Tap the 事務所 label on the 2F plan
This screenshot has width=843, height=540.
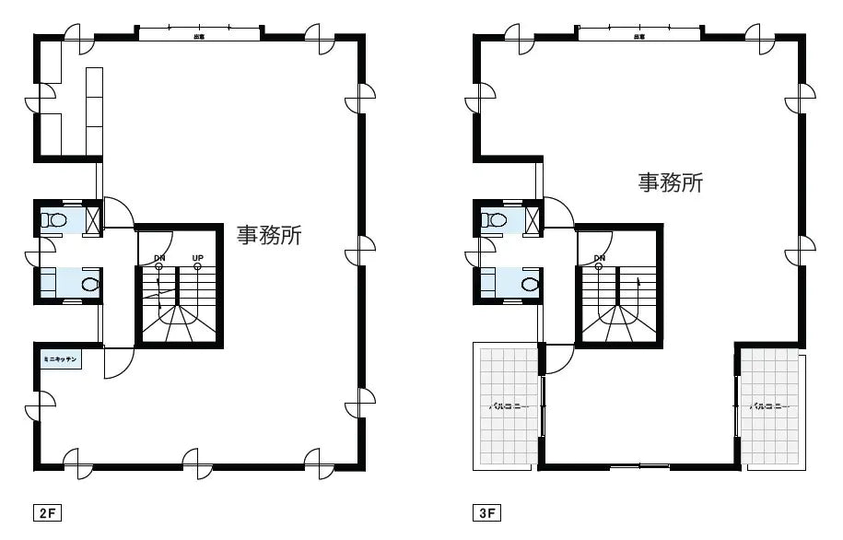point(269,235)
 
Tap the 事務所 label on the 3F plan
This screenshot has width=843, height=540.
point(671,182)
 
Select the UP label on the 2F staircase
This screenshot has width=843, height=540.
point(197,257)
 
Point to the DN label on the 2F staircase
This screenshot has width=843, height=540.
point(159,257)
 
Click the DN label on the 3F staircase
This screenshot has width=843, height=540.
point(600,257)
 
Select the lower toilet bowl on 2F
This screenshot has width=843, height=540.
point(88,284)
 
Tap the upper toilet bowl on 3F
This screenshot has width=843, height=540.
point(497,220)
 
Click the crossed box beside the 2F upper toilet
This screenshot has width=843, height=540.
point(92,219)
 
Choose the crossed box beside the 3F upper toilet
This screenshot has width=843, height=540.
point(533,219)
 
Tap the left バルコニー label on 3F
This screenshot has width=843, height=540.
point(507,405)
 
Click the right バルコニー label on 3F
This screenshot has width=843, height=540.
point(768,405)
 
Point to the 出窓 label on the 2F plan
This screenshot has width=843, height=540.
point(199,37)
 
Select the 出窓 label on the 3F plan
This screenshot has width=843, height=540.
point(638,37)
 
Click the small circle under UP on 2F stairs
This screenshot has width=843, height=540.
point(197,267)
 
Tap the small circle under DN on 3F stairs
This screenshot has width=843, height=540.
point(599,267)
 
